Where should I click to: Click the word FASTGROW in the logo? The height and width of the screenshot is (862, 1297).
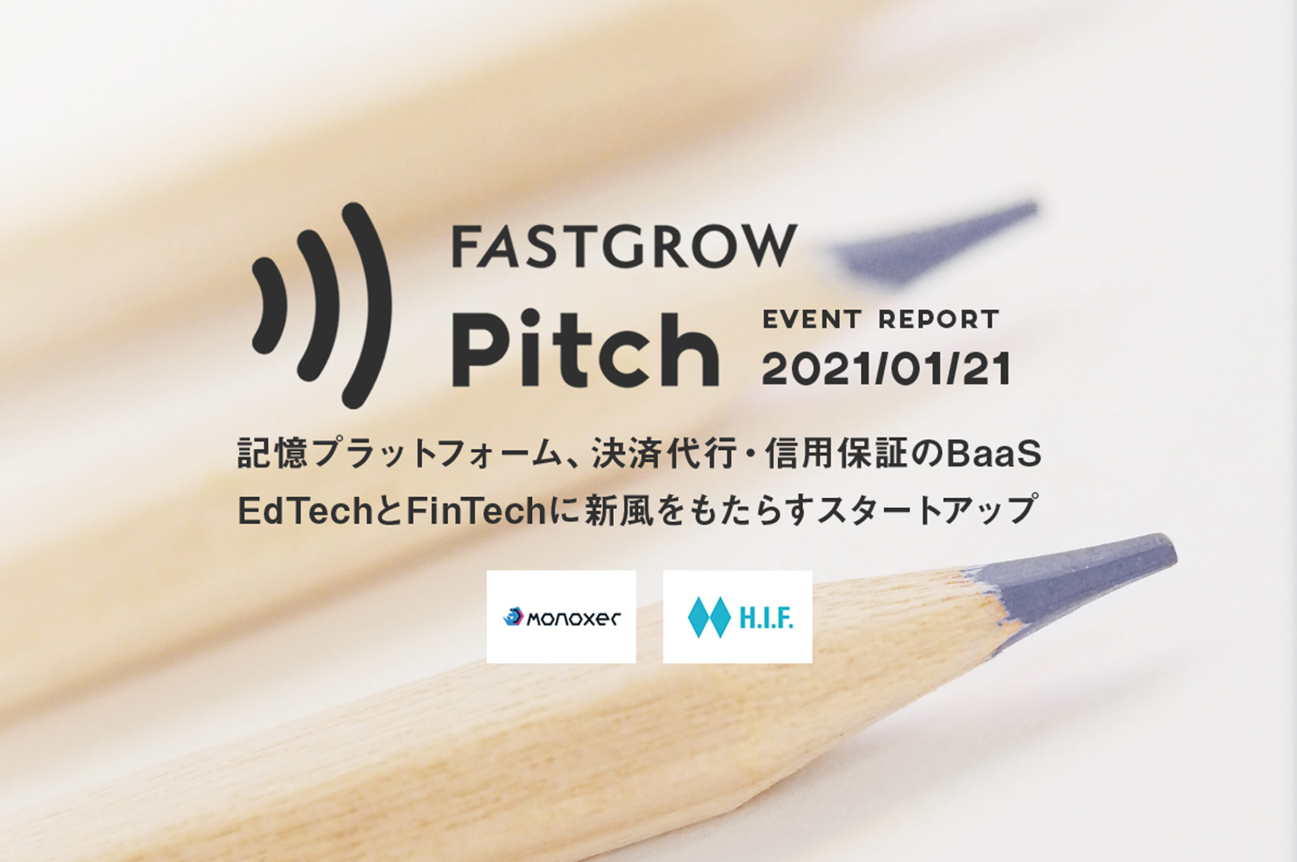point(625,246)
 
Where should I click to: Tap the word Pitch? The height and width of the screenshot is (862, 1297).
point(586,349)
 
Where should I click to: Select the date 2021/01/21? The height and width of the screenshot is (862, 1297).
point(886,369)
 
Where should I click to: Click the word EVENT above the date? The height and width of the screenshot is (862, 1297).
point(812,319)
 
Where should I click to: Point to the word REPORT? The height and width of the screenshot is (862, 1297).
point(938,319)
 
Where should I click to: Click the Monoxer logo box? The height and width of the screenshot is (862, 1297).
point(562,616)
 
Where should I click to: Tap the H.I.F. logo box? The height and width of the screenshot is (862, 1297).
point(737,616)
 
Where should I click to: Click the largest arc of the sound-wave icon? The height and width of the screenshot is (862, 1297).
point(366,306)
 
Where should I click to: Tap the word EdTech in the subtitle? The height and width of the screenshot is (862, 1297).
point(305,512)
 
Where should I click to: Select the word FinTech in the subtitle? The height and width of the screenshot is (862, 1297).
point(476,512)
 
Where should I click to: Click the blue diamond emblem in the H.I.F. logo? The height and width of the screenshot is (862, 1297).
point(709,617)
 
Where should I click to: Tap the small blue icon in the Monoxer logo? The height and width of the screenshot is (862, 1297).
point(514,616)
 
